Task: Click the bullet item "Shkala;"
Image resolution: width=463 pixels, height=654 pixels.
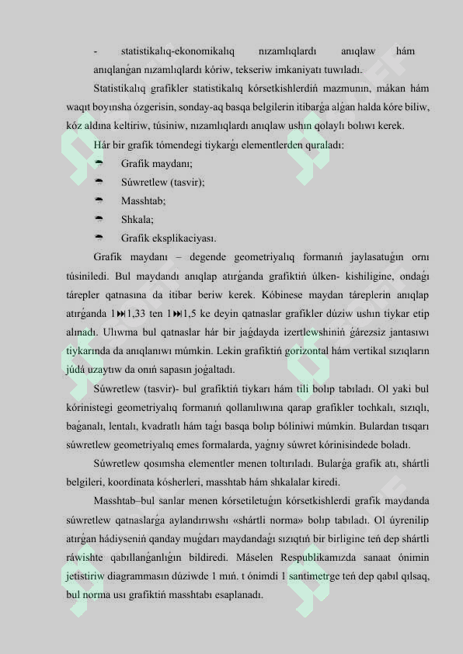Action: coord(137,219)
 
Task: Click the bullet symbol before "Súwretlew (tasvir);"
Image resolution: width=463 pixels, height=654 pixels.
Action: coord(99,182)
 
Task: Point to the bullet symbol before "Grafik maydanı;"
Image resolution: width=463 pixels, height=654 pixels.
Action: coord(99,163)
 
